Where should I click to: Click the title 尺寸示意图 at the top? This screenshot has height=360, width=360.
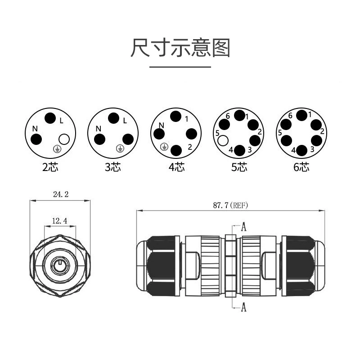tap(180, 48)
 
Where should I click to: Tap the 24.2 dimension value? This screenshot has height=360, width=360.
tap(61, 194)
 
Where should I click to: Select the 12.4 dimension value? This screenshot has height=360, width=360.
tap(60, 221)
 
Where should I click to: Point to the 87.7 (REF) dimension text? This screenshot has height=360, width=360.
tap(230, 205)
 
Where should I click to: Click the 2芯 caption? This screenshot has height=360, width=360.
tap(50, 167)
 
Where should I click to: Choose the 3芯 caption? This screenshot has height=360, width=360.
tap(113, 167)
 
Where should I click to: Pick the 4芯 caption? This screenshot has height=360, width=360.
tap(176, 167)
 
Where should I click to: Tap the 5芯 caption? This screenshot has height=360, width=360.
tap(239, 167)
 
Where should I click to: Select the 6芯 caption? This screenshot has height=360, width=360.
tap(301, 167)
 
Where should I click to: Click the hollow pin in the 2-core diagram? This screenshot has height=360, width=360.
tap(64, 139)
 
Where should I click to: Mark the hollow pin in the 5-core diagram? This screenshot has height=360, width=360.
tap(223, 140)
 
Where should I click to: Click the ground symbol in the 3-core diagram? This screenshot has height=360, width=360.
tap(120, 148)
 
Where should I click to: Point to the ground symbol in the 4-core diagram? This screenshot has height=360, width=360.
tap(164, 147)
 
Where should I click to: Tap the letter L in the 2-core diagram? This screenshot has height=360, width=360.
tap(61, 121)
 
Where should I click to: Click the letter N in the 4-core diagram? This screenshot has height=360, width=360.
tap(162, 126)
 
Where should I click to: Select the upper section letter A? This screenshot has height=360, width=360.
tap(243, 227)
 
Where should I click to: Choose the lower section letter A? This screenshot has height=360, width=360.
tap(243, 307)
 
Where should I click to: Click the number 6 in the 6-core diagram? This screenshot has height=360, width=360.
tap(290, 116)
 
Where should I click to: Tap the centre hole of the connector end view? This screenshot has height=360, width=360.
tap(60, 266)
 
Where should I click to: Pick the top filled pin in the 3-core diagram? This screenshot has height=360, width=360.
tap(113, 118)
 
